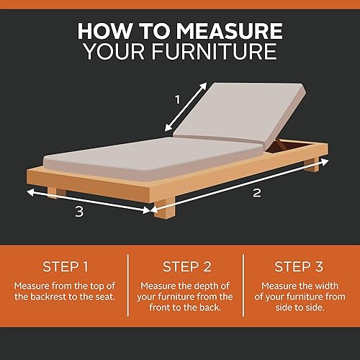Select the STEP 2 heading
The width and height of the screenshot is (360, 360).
186,266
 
